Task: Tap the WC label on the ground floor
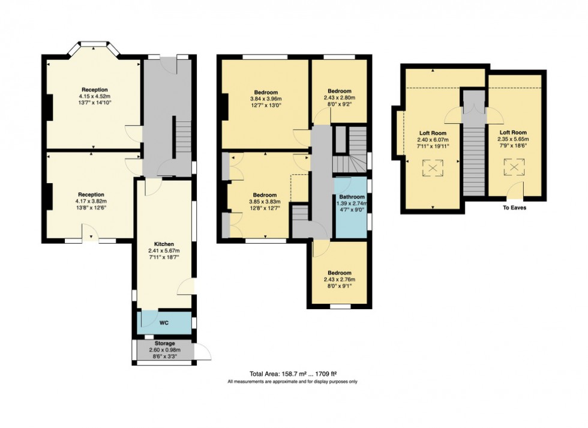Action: (164, 322)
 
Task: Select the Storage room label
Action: (164, 343)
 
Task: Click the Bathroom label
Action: (351, 197)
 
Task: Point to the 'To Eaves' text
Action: (514, 208)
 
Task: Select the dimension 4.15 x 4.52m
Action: (94, 95)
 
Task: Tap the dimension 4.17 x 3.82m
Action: (91, 202)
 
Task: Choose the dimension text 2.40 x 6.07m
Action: (431, 139)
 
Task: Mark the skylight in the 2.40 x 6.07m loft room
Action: (431, 169)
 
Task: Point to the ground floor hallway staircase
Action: (181, 139)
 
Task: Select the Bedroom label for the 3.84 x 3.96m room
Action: (265, 92)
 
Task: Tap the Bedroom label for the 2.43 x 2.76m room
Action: (340, 273)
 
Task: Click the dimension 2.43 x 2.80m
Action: (340, 98)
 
